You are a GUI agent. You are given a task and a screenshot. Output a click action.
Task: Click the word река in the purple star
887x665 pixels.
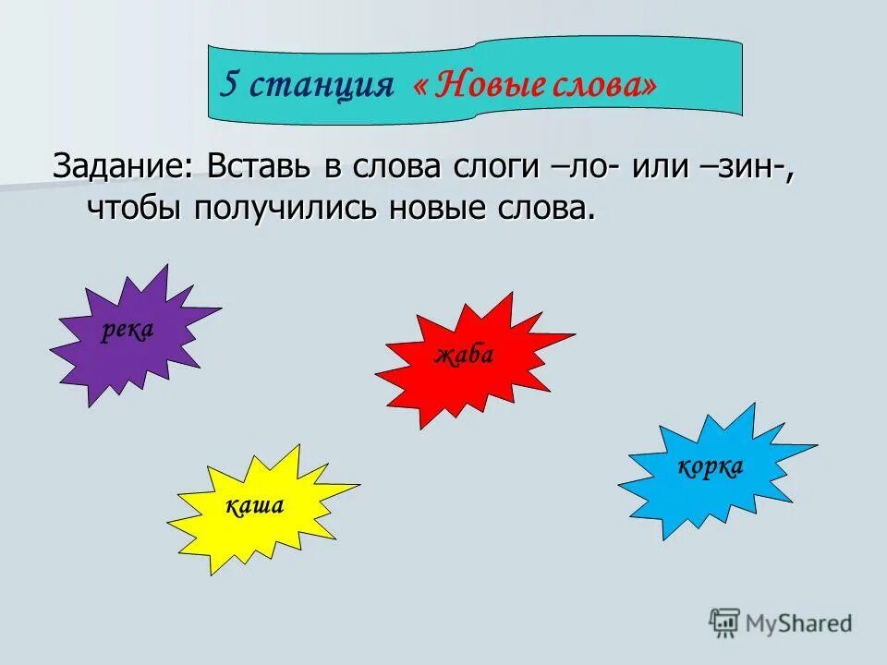pyautogui.click(x=128, y=332)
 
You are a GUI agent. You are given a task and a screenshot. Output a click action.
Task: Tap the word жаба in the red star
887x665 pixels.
pyautogui.click(x=465, y=356)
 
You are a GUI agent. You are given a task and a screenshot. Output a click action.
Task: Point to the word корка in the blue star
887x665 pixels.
pyautogui.click(x=711, y=467)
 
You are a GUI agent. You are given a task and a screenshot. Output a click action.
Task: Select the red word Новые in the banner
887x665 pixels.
pyautogui.click(x=488, y=85)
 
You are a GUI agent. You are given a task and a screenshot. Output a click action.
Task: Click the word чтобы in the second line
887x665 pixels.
pyautogui.click(x=137, y=207)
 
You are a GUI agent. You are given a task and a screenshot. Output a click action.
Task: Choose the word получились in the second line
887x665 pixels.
pyautogui.click(x=287, y=207)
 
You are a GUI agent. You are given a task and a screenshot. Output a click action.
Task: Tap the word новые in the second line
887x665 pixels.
pyautogui.click(x=443, y=207)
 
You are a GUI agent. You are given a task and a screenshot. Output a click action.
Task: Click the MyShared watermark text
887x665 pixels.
pyautogui.click(x=798, y=623)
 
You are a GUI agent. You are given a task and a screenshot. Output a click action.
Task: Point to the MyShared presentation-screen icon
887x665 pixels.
pyautogui.click(x=724, y=622)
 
